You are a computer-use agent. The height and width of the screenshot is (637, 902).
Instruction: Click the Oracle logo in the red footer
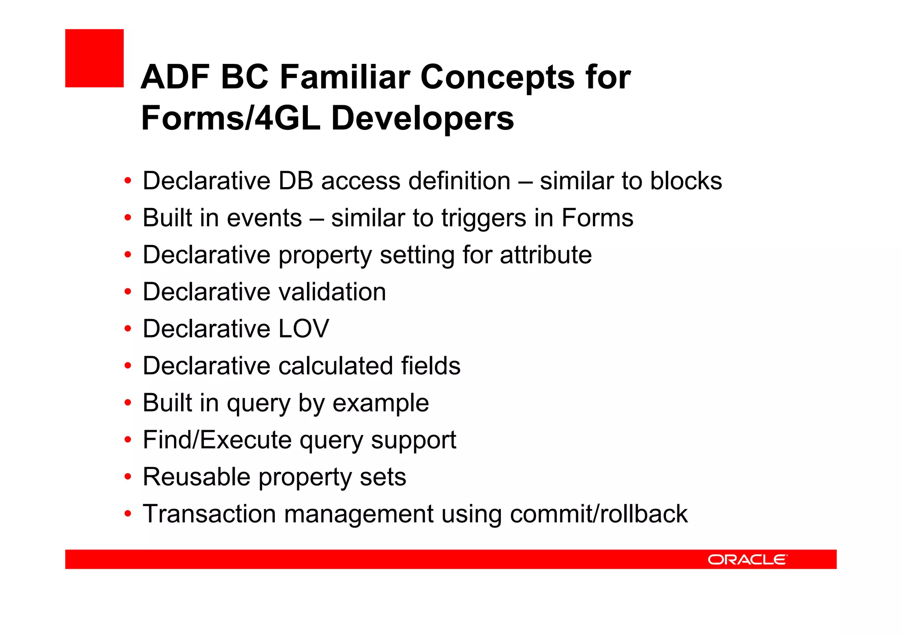(747, 560)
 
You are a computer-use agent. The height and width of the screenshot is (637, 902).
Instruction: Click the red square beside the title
(94, 58)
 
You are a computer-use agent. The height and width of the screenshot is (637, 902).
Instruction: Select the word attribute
(546, 255)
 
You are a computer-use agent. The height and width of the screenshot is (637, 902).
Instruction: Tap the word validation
(332, 292)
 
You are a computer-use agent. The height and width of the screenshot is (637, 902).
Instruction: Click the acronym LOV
(303, 329)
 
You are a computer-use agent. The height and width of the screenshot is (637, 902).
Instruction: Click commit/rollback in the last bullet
(599, 514)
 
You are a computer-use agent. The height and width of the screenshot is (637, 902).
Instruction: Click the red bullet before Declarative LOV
(128, 329)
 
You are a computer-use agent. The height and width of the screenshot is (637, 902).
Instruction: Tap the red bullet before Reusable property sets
(128, 477)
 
